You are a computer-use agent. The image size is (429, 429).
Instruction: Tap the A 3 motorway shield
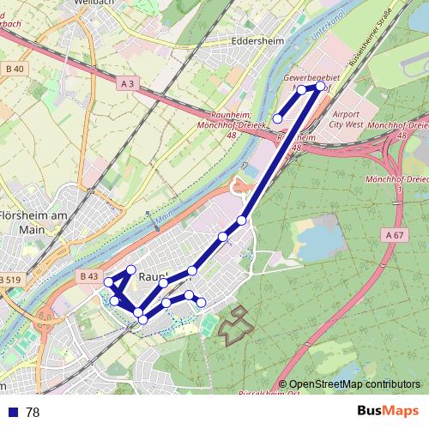pyautogui.click(x=128, y=82)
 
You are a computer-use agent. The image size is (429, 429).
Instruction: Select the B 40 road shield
pyautogui.click(x=15, y=68)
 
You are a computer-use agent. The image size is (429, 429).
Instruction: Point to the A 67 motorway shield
pyautogui.click(x=394, y=235)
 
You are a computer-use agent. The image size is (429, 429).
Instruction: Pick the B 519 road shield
pyautogui.click(x=11, y=281)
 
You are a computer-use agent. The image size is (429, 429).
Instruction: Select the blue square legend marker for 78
pyautogui.click(x=13, y=413)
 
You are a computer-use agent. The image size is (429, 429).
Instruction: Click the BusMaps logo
pyautogui.click(x=387, y=412)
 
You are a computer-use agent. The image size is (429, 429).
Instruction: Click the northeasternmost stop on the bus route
pyautogui.click(x=321, y=86)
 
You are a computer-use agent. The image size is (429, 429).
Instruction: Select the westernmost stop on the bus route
pyautogui.click(x=108, y=282)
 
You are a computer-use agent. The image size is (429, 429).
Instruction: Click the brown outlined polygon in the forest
pyautogui.click(x=236, y=327)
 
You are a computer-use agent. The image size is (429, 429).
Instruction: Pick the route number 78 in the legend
pyautogui.click(x=33, y=413)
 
